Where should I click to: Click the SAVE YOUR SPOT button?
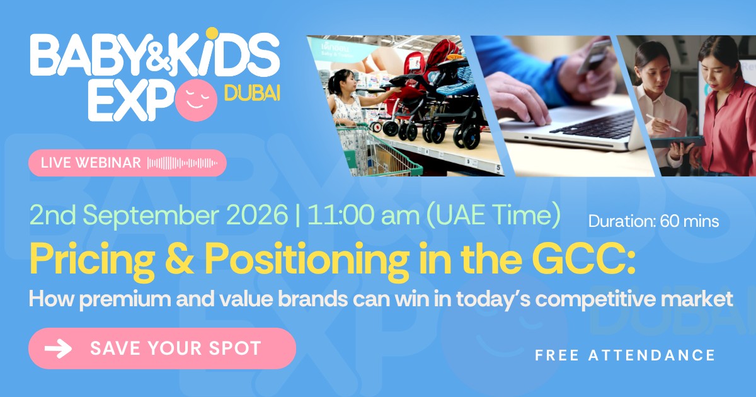(162, 348)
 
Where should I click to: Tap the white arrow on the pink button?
(59, 348)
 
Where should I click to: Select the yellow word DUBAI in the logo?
(252, 93)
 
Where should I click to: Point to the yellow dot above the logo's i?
(212, 33)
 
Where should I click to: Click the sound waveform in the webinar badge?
(182, 163)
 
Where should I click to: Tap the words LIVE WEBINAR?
(91, 163)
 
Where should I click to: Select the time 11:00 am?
(364, 215)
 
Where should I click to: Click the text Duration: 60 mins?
(654, 221)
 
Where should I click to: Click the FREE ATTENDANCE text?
(625, 355)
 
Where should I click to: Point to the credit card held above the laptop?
(595, 56)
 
